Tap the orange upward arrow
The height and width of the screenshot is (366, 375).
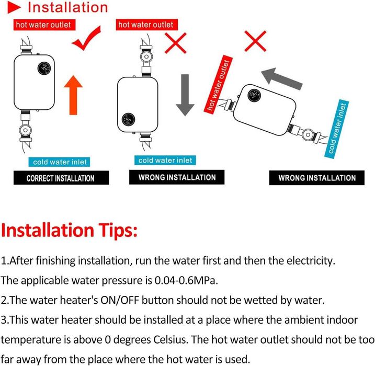tap(73, 95)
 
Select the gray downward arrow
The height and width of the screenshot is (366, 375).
tap(185, 95)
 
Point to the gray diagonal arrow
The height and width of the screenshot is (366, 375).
tap(282, 78)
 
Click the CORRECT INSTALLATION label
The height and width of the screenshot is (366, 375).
tap(61, 178)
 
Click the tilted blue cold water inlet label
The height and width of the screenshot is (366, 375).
tap(336, 129)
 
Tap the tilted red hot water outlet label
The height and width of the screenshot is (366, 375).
tap(218, 84)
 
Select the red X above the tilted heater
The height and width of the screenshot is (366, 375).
tap(255, 41)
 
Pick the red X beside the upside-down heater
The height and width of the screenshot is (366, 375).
tap(176, 43)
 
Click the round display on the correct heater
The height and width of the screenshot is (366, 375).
tap(44, 68)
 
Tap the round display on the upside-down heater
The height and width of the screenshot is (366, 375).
tap(128, 119)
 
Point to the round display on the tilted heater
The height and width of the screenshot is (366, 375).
tap(254, 96)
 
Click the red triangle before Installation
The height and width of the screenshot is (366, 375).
tap(14, 7)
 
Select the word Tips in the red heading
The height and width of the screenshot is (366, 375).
tap(118, 230)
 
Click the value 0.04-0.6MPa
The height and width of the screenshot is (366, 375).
tap(186, 280)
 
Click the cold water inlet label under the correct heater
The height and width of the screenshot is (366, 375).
tap(59, 162)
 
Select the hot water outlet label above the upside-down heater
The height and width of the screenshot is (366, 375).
tap(147, 25)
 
